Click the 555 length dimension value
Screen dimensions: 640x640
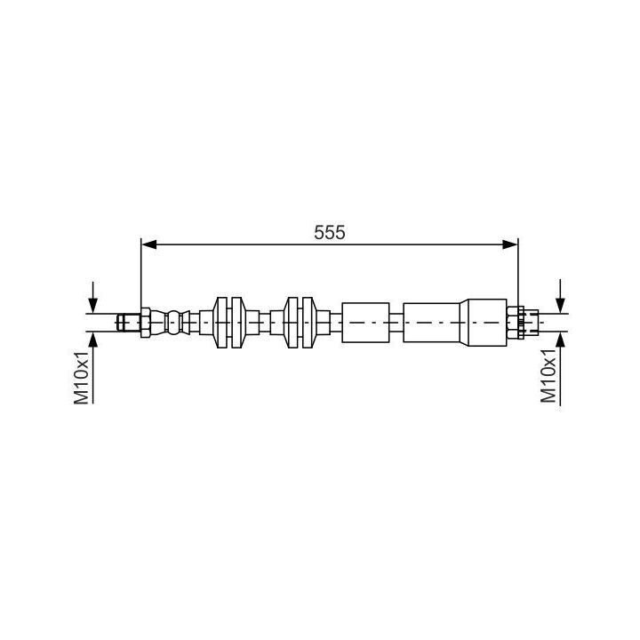click(x=329, y=232)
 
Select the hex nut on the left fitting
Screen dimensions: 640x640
click(x=144, y=321)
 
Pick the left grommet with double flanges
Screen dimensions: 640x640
click(x=228, y=321)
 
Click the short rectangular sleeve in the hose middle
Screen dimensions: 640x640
click(x=365, y=322)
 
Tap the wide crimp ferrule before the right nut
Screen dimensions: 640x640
click(x=486, y=322)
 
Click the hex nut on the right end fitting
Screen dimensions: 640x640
click(x=514, y=321)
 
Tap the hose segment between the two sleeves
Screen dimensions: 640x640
click(x=396, y=322)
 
